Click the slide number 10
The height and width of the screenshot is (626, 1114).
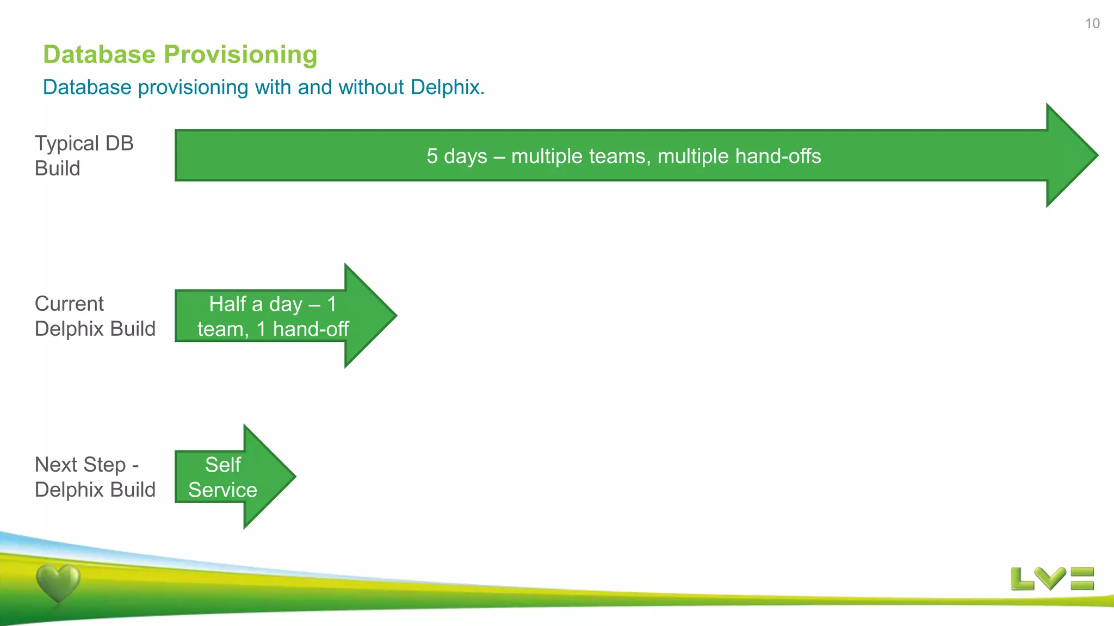coord(1092,23)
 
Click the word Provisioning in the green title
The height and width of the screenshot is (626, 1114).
coord(240,54)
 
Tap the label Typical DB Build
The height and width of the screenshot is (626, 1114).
coord(84,155)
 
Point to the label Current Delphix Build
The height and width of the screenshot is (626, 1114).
coord(95,316)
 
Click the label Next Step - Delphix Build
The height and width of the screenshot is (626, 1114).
coord(95,477)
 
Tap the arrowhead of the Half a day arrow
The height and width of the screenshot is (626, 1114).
coord(375,316)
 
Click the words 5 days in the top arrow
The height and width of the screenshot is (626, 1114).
coord(456,156)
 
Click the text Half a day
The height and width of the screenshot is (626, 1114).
coord(256,304)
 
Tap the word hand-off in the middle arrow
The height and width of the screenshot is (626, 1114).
coord(311,329)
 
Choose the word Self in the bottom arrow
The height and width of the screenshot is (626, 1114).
coord(222,465)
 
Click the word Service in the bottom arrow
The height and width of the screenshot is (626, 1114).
coord(222,490)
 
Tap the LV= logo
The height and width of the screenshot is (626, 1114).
coord(1052,579)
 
